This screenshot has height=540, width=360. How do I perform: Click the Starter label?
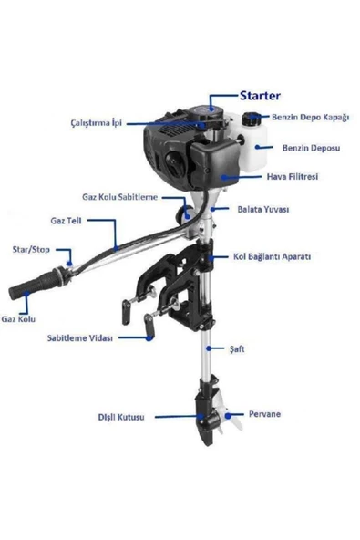260,95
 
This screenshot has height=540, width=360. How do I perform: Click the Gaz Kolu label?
19,319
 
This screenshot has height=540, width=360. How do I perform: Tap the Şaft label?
237,349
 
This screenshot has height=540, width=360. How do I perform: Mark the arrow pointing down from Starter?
214,100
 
